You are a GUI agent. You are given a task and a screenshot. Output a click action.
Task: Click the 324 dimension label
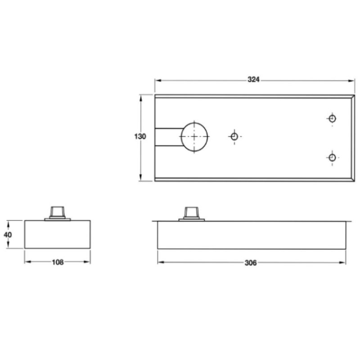pos(254,80)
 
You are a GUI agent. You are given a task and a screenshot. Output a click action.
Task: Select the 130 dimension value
pos(140,136)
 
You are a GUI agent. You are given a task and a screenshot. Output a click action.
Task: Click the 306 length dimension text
pos(251,263)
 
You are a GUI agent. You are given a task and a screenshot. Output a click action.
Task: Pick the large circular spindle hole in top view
pos(195,137)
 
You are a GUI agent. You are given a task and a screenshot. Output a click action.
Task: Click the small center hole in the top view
pos(234,136)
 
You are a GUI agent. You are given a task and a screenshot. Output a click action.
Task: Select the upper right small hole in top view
pos(332,119)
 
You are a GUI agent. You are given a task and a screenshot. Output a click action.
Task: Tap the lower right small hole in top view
pos(332,157)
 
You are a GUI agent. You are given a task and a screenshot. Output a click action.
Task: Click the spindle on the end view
pos(58,212)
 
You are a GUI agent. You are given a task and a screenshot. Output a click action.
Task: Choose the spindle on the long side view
pos(192,212)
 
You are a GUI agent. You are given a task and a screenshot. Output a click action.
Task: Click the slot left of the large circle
pos(168,137)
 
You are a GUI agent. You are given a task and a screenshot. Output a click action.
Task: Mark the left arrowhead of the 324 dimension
pos(157,80)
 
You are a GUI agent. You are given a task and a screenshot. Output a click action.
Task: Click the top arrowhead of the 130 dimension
pos(141,97)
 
